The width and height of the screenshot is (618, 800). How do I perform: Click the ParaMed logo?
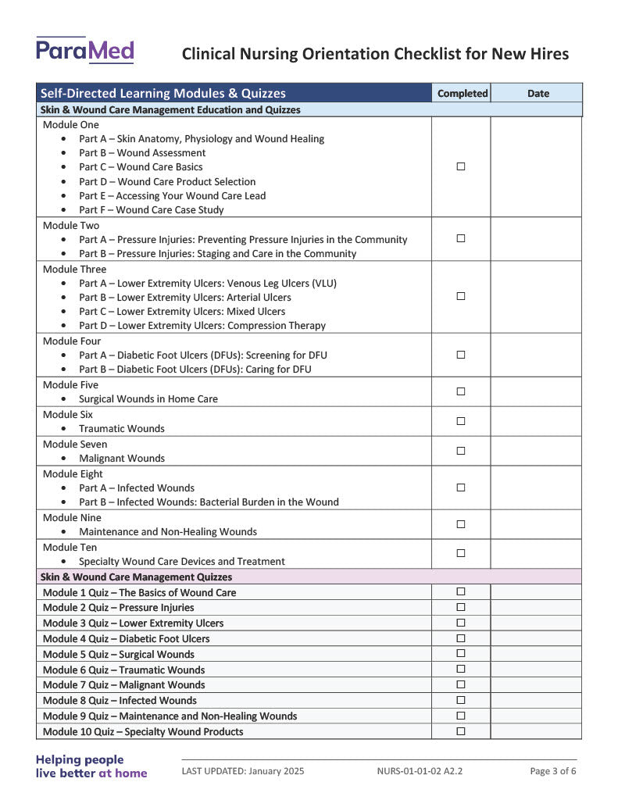click(x=84, y=51)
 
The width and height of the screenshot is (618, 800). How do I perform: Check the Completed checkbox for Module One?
click(x=461, y=166)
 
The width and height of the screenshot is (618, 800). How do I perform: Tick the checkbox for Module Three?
click(x=461, y=296)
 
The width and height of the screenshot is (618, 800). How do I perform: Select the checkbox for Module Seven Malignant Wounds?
click(x=461, y=451)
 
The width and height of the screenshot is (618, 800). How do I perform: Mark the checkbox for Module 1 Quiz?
click(x=461, y=592)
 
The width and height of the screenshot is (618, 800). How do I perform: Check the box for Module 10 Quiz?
click(x=461, y=731)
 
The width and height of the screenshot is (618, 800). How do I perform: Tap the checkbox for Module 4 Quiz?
click(x=461, y=638)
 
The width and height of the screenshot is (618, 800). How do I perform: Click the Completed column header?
click(x=462, y=93)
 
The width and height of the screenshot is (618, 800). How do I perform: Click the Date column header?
click(x=538, y=93)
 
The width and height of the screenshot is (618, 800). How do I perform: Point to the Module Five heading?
click(x=71, y=384)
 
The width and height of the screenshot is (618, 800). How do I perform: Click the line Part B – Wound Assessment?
click(x=142, y=153)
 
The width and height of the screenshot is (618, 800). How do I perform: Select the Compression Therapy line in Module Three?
click(x=202, y=325)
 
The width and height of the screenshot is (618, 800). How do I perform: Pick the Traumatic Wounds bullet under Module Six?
click(x=122, y=429)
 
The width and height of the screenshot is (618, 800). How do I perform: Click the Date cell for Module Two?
click(x=536, y=238)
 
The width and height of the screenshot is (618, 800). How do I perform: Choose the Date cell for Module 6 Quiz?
click(x=536, y=670)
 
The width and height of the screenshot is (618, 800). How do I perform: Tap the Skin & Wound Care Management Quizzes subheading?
click(x=136, y=577)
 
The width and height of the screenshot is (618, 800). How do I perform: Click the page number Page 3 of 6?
click(x=552, y=771)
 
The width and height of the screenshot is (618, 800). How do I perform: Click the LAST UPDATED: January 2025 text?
click(x=243, y=771)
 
